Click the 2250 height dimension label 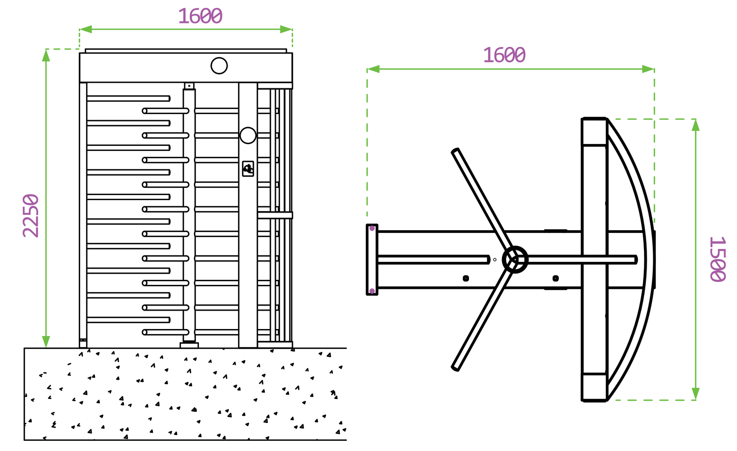tap(31, 215)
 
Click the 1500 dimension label tap(717, 259)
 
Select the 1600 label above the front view tap(200, 17)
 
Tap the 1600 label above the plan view tap(504, 56)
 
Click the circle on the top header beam tap(219, 66)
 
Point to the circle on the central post tap(248, 135)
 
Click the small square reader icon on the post tap(248, 168)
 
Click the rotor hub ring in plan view tap(515, 260)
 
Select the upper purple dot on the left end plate tap(372, 228)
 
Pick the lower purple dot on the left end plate tap(372, 291)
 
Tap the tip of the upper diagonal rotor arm tap(455, 151)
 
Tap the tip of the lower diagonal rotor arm tap(455, 368)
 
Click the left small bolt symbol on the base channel tap(466, 278)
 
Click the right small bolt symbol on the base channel tap(556, 278)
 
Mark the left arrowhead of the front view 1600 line tap(85, 29)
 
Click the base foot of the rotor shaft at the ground tap(189, 345)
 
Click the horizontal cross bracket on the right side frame tap(275, 215)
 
